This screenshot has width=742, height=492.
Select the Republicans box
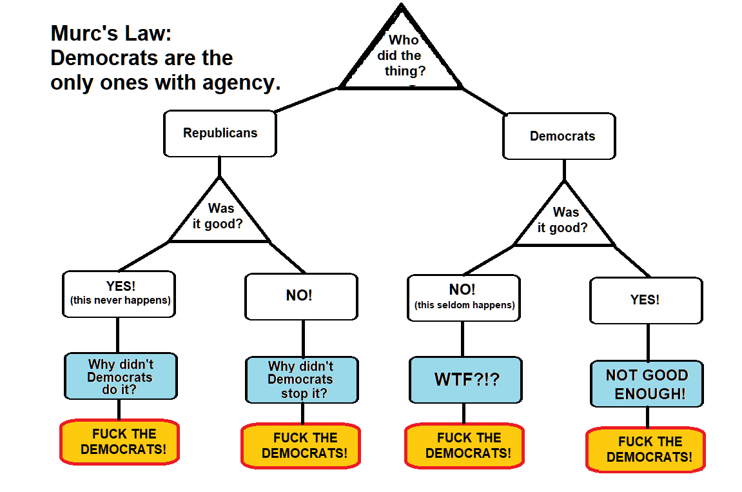220,133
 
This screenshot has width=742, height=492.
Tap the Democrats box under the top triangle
559,136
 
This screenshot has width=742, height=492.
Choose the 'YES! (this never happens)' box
119,294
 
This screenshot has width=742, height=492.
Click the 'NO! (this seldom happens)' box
464,297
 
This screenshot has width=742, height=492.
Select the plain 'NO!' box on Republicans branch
300,296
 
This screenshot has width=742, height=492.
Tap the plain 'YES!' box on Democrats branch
645,300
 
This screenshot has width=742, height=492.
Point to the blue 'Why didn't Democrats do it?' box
121,377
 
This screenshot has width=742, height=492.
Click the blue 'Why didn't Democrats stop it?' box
302,380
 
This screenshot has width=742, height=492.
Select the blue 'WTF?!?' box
465,379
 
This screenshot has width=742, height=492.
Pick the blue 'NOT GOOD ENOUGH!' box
647,384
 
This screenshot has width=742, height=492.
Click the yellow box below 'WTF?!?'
465,446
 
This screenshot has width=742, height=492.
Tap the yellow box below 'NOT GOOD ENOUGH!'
646,449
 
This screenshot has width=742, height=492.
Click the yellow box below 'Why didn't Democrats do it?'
120,442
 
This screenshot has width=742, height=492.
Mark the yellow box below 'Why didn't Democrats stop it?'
301,446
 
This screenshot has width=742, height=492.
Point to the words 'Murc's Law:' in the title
111,33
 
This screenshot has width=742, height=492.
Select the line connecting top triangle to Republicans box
308,99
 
